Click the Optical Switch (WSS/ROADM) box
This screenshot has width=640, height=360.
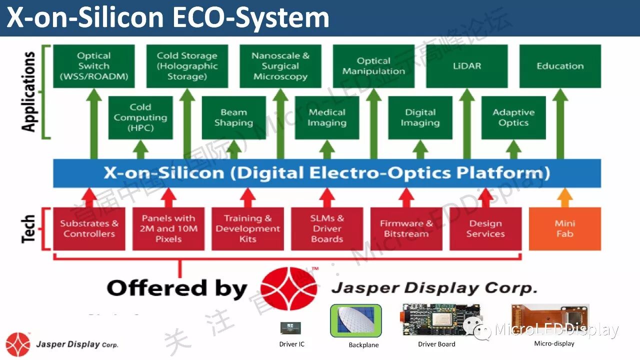(93, 66)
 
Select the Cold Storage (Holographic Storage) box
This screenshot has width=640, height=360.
(187, 66)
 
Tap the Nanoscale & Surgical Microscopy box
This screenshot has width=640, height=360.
(280, 66)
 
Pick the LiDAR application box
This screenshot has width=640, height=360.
(466, 66)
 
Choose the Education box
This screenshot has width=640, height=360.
(560, 66)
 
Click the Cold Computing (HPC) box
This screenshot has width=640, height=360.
(140, 117)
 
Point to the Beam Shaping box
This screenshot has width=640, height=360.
(233, 117)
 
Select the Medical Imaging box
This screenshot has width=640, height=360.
(327, 117)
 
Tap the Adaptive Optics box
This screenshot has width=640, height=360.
(513, 117)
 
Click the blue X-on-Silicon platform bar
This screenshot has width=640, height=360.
(327, 173)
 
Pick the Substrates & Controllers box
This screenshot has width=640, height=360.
(89, 228)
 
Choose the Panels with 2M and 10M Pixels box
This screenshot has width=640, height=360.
(168, 228)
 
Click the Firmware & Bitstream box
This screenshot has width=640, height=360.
(406, 228)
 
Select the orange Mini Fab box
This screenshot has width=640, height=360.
(564, 228)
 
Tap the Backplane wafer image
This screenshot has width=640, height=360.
(355, 320)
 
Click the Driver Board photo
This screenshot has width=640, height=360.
(440, 320)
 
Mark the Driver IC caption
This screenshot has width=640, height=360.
(291, 344)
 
